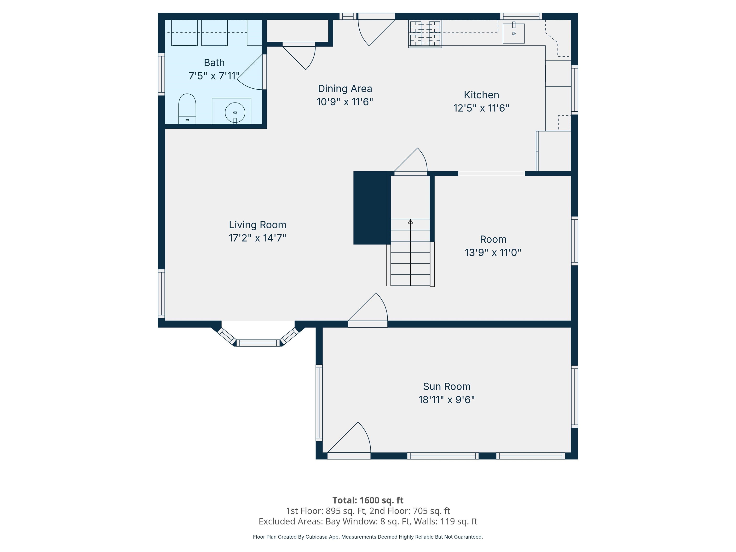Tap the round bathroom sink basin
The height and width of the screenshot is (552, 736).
(235, 112)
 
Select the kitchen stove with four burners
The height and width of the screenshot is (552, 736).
(425, 34)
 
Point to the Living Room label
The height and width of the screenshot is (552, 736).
(257, 225)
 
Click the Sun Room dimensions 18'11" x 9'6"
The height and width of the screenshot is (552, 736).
(446, 400)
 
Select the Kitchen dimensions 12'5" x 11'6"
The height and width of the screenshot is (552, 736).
(481, 108)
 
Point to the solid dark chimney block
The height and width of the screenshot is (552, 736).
(372, 208)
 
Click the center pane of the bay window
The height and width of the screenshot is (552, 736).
(258, 343)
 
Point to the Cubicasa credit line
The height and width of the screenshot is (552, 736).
(368, 537)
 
